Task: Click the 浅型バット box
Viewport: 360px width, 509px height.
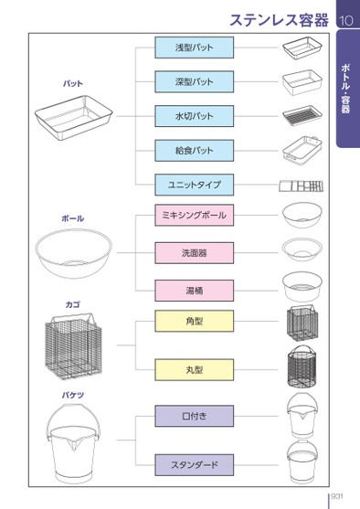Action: pyautogui.click(x=194, y=48)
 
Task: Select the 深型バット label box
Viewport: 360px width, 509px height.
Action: pyautogui.click(x=194, y=82)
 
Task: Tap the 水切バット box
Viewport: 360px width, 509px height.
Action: pyautogui.click(x=194, y=116)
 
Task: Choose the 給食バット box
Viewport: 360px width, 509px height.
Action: pyautogui.click(x=194, y=151)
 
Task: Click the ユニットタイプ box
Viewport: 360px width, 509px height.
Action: pyautogui.click(x=194, y=185)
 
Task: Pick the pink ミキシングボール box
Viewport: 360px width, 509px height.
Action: pyautogui.click(x=194, y=215)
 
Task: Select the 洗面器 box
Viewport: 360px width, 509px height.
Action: pyautogui.click(x=194, y=252)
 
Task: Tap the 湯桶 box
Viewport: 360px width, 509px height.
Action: pyautogui.click(x=194, y=291)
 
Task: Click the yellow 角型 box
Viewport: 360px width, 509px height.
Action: pyautogui.click(x=194, y=321)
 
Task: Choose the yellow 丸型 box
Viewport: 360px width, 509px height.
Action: pyautogui.click(x=194, y=370)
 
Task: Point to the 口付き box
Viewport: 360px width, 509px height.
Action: pyautogui.click(x=194, y=416)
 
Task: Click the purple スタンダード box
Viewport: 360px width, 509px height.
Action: pyautogui.click(x=194, y=465)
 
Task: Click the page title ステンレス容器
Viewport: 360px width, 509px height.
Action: pyautogui.click(x=280, y=20)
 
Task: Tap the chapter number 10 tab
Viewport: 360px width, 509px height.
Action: pyautogui.click(x=345, y=21)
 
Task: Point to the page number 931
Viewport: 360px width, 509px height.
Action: pyautogui.click(x=337, y=496)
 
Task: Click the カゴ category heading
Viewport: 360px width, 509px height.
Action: pyautogui.click(x=73, y=304)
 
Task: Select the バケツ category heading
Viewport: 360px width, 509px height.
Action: pyautogui.click(x=73, y=395)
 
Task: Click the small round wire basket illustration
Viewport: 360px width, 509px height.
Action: pyautogui.click(x=302, y=366)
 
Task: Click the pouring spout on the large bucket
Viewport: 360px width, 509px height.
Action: pyautogui.click(x=73, y=443)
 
